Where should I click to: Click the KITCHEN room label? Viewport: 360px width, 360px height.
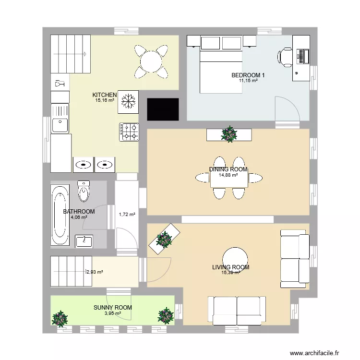pos(104,95)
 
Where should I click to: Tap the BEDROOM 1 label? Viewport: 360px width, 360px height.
pos(248,75)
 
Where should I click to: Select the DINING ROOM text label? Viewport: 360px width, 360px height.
pos(228,169)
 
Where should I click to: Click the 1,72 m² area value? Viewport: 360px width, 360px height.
pos(127,214)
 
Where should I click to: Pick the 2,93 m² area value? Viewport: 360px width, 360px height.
pos(95,272)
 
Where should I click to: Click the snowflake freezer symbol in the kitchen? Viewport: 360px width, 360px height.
pos(128,101)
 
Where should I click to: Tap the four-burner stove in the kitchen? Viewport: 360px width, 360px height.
pos(129,132)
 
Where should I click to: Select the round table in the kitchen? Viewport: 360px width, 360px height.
pos(152,61)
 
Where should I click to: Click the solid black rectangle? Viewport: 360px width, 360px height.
pos(163,109)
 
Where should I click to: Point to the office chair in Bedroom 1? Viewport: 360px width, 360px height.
pos(285,57)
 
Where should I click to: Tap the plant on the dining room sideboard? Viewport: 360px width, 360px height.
pos(229,134)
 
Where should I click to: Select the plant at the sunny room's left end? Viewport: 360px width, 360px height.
pos(60,318)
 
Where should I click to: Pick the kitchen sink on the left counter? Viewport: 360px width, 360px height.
pos(60,125)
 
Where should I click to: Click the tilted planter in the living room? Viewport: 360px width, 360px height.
pos(165,239)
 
